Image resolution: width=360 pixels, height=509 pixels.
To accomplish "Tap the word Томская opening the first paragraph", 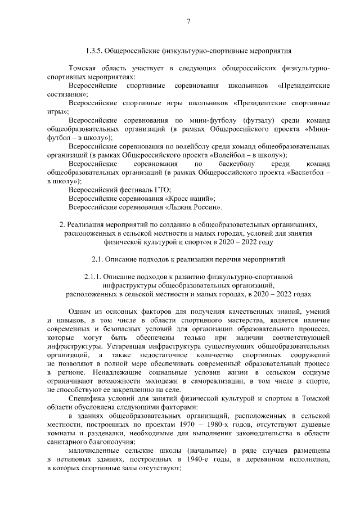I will [x=83, y=68].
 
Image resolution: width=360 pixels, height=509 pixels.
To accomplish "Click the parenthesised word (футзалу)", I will [x=258, y=120].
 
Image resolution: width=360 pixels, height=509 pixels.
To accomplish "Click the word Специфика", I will [x=86, y=399].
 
